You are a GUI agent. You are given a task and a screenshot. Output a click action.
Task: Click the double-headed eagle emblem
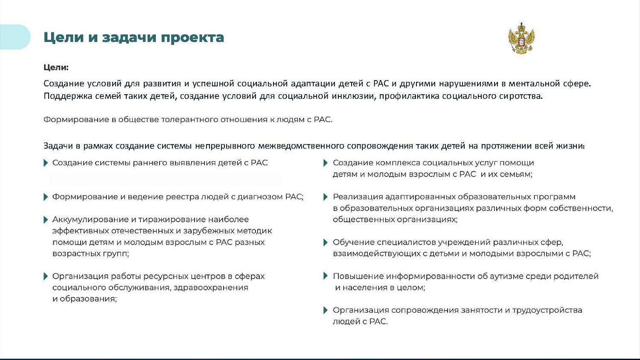(x=521, y=38)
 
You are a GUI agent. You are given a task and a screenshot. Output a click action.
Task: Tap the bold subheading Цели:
(x=56, y=67)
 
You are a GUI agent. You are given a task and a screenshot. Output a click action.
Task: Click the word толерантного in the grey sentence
(x=190, y=119)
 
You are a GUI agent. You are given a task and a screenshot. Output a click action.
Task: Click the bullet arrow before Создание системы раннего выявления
(x=46, y=163)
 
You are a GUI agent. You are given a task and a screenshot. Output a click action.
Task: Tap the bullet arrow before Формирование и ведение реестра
(x=46, y=197)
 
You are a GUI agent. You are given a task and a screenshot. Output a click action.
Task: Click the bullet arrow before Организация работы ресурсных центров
(x=46, y=276)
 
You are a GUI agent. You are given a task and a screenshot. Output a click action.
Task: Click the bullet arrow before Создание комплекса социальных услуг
(x=326, y=163)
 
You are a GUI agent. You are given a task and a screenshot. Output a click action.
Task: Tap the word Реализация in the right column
(x=358, y=197)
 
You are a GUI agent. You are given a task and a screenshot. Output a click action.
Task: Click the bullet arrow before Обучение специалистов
(x=326, y=242)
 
